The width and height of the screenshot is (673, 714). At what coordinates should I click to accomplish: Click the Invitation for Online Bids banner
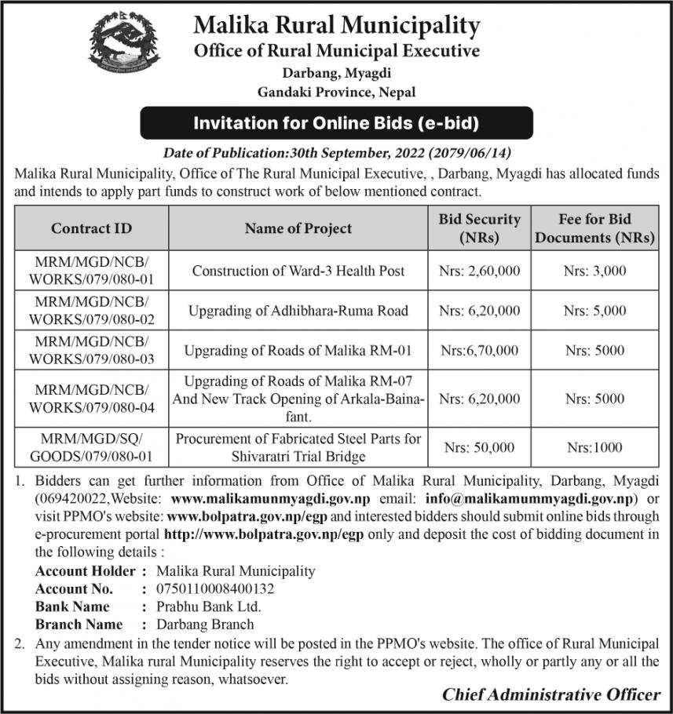[336, 123]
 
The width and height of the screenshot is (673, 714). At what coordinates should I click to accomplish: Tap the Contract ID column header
[92, 228]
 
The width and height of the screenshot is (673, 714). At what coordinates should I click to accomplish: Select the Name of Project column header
[298, 228]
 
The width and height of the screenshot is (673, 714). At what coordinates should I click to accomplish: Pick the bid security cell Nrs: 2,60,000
[479, 271]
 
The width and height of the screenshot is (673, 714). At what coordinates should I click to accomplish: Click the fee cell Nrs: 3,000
[594, 271]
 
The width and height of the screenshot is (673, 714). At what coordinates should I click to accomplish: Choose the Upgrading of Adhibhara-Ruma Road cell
[298, 311]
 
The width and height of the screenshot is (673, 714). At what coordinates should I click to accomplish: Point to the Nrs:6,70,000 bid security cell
[479, 351]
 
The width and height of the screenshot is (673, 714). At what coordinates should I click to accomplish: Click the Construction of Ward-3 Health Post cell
[298, 271]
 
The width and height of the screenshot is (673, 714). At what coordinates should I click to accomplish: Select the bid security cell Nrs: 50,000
[479, 447]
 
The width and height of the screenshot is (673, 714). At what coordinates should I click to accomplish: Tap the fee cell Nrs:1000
[594, 447]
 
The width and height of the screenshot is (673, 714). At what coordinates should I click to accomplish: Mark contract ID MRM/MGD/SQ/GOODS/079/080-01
[92, 447]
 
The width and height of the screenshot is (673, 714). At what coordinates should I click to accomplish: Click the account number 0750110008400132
[216, 588]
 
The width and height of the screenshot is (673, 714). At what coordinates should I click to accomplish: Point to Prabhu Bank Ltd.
[209, 607]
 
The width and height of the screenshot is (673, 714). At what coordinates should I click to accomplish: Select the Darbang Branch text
[205, 625]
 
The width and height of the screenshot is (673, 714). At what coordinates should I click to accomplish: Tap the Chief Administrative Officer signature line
[550, 694]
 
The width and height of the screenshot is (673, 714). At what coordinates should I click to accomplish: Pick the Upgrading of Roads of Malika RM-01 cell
[298, 351]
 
